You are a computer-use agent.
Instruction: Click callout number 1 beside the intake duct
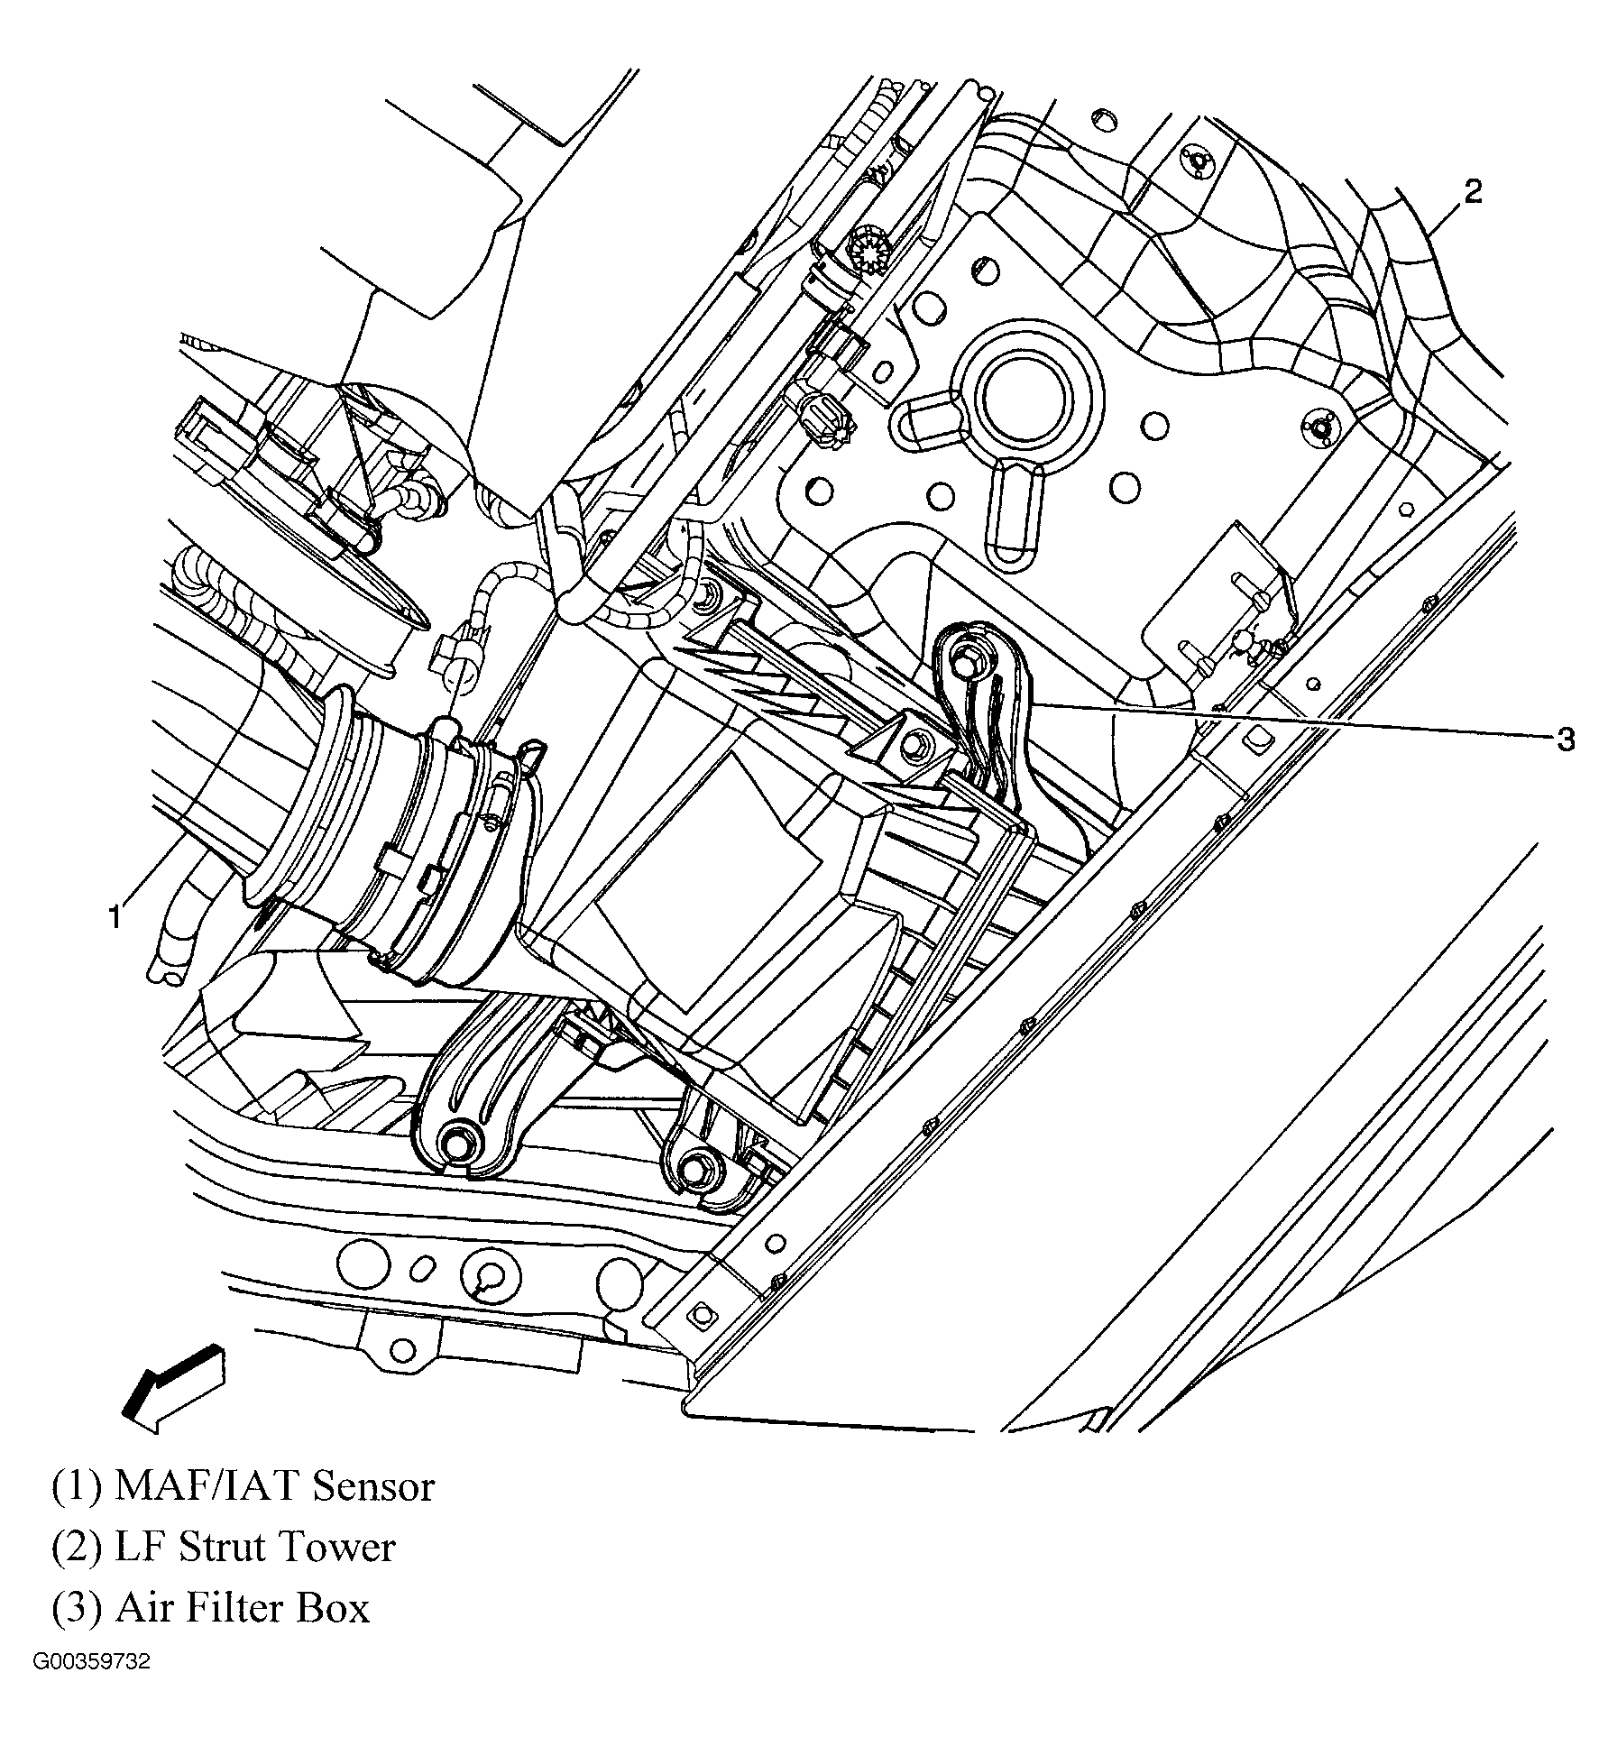click(x=114, y=917)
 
